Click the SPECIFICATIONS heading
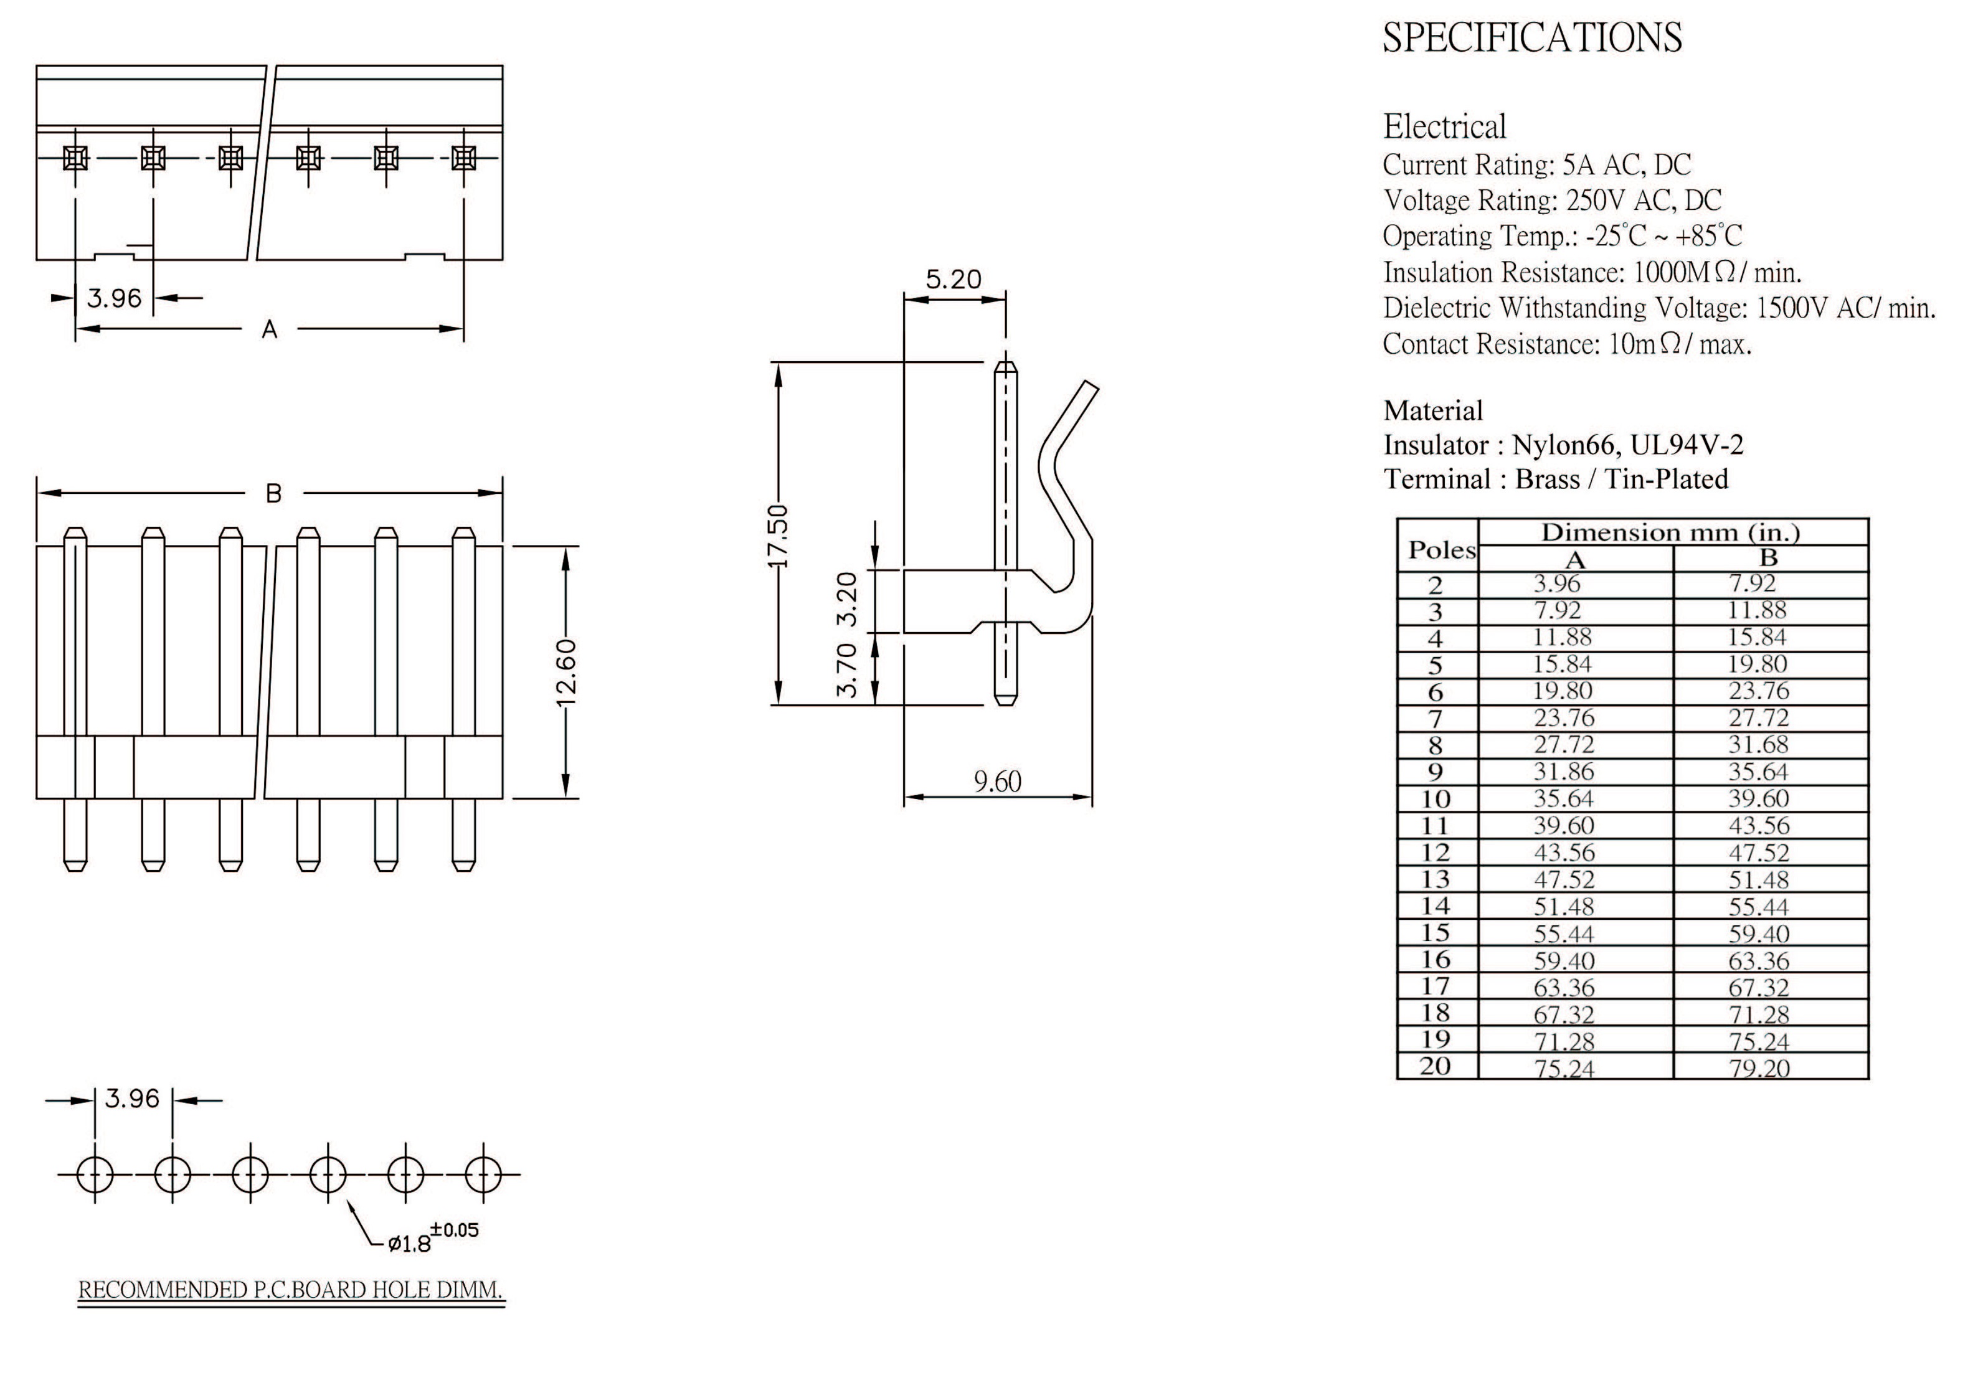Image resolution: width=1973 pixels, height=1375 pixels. pos(1531,38)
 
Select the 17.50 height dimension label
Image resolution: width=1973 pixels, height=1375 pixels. pos(778,536)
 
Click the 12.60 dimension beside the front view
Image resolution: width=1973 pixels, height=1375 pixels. pos(566,672)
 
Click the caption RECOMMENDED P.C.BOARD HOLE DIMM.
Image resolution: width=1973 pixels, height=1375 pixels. pos(290,1290)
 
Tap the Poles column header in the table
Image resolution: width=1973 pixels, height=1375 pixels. pos(1441,550)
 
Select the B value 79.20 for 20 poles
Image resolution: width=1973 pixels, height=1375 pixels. pos(1758,1068)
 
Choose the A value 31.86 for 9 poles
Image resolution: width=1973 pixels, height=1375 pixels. pos(1563,771)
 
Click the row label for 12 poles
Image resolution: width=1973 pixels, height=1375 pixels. pos(1435,853)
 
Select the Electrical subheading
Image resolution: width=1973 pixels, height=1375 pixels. pos(1444,127)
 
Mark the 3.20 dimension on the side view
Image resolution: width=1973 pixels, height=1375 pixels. pos(847,599)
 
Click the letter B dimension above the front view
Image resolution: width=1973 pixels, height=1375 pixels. pos(273,493)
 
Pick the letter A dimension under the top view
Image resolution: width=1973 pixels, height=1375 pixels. pos(269,329)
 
